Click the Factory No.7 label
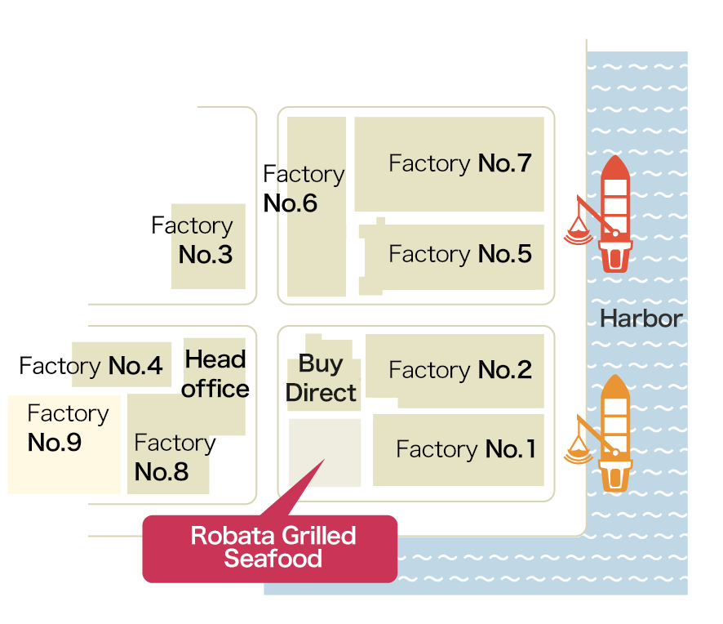(459, 163)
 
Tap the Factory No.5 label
(459, 254)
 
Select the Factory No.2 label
(459, 370)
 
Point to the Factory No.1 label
(465, 449)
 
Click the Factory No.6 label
(303, 189)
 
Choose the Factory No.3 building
(209, 245)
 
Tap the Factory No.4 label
(91, 366)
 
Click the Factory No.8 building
(171, 457)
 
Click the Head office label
(215, 374)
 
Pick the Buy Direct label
(321, 378)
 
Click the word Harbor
(641, 319)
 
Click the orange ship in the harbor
(615, 433)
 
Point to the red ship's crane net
(578, 235)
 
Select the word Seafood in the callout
(273, 559)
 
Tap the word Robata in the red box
(221, 536)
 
